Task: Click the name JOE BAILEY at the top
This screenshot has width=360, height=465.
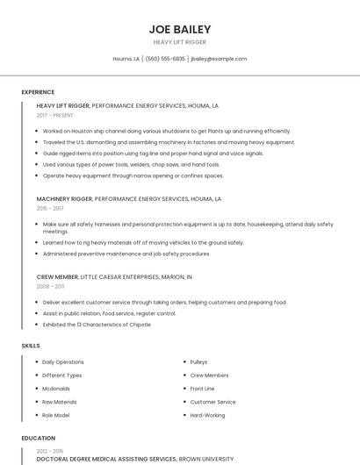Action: pos(180,29)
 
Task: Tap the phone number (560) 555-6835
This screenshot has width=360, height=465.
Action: pos(165,59)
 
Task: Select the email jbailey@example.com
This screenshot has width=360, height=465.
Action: pos(219,59)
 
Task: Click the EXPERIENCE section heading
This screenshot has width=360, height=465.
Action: pos(38,92)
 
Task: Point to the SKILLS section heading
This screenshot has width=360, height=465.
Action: pos(31,346)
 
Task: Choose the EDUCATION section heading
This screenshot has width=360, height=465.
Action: pos(38,438)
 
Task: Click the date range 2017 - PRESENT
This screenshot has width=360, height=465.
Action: pos(55,115)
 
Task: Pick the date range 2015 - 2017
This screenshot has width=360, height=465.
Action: pos(50,209)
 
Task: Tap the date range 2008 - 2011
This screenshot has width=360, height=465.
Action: pos(50,286)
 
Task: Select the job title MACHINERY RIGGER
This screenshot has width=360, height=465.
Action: pos(64,199)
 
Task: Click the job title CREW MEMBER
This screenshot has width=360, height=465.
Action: pos(57,276)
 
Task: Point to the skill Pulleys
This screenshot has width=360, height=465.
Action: pos(198,361)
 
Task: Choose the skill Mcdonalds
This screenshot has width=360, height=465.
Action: pos(56,389)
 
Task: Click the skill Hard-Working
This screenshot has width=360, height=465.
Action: pos(207,415)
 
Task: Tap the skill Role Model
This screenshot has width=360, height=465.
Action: pos(57,415)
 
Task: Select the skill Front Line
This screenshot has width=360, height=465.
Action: pos(202,389)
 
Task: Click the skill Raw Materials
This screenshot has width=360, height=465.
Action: pos(60,402)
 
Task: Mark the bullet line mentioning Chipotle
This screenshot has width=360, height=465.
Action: pos(97,325)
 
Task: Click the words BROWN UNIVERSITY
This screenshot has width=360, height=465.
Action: pos(207,459)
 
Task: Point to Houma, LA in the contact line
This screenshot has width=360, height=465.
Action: pos(126,59)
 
